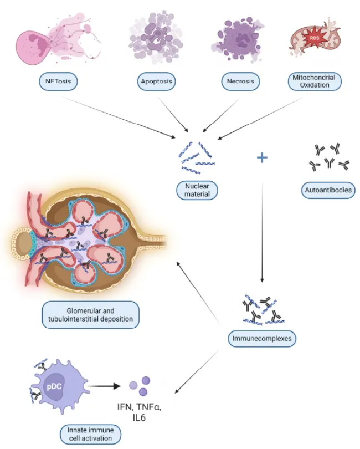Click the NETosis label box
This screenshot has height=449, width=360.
point(58,81)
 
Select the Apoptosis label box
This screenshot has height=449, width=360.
point(156,81)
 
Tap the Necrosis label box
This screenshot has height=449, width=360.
point(240,81)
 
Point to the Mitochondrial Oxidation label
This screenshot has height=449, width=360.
point(315,81)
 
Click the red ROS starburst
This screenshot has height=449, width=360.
point(314,38)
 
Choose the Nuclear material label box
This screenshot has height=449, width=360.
point(197,190)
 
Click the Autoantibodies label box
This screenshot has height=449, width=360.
point(328,190)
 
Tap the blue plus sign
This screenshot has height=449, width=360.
point(262,157)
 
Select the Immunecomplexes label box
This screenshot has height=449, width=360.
point(262,339)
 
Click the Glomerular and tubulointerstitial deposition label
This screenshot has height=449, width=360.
point(90,315)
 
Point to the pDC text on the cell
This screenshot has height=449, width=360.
point(54,386)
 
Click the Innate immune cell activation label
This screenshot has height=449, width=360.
point(90,434)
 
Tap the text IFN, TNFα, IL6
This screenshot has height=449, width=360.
point(140,412)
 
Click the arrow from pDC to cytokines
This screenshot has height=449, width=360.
point(104,386)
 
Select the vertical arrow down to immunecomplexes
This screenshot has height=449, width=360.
point(262,232)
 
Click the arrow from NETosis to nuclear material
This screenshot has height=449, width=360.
point(117,117)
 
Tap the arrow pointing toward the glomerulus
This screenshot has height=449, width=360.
point(199,294)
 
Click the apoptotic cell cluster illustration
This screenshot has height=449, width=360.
point(156,37)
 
